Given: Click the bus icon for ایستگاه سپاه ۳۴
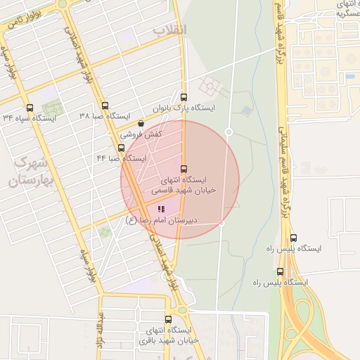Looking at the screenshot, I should pyautogui.click(x=30, y=108).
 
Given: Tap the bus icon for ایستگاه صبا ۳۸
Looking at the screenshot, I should pyautogui.click(x=104, y=105).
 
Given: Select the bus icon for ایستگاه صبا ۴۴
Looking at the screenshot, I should pyautogui.click(x=122, y=148).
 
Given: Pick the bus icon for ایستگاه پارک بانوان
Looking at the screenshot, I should pyautogui.click(x=184, y=98).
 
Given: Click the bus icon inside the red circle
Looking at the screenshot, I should pyautogui.click(x=184, y=169).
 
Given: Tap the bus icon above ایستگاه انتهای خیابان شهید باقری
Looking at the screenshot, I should pyautogui.click(x=168, y=319).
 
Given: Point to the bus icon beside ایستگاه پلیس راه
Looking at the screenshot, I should pyautogui.click(x=281, y=271).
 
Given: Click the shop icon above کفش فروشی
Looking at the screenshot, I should pyautogui.click(x=141, y=124).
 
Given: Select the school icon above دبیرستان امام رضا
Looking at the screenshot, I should pyautogui.click(x=162, y=209).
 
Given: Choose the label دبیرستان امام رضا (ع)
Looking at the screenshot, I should pyautogui.click(x=161, y=220).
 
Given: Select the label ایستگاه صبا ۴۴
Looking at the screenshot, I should pyautogui.click(x=121, y=159).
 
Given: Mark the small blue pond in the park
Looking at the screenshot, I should pyautogui.click(x=245, y=110).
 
